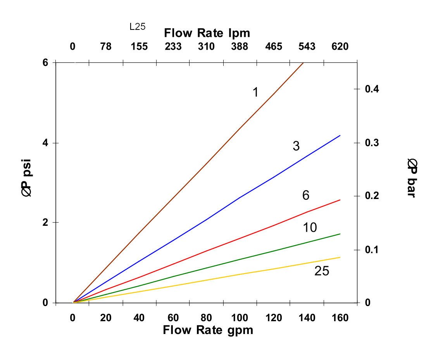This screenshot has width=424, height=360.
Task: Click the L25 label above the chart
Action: (138, 27)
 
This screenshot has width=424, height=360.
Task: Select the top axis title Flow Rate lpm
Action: (207, 33)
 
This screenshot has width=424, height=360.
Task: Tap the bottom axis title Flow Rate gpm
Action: (208, 330)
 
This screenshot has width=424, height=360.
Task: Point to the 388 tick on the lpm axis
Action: (240, 47)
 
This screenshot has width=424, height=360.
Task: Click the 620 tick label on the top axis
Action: (340, 47)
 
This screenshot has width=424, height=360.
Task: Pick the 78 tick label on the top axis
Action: (106, 47)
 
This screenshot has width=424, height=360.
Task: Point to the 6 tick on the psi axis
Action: (45, 62)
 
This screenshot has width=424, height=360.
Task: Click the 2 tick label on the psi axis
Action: (45, 223)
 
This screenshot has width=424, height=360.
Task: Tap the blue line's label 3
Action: (296, 146)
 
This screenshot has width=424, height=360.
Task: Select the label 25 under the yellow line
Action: (322, 271)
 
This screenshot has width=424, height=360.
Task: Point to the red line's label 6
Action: (306, 196)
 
